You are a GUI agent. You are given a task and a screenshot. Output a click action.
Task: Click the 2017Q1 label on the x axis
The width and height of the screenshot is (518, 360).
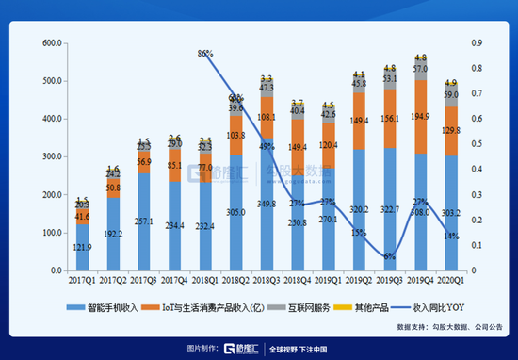click(x=81, y=279)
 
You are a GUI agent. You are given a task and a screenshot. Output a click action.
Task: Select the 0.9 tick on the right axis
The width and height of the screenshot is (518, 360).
click(x=478, y=43)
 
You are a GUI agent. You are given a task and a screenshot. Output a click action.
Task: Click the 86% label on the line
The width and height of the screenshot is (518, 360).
click(x=204, y=55)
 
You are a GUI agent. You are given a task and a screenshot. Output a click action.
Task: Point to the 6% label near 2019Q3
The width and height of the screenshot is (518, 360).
click(x=388, y=255)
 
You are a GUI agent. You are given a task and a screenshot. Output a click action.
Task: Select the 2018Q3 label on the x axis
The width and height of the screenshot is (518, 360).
click(x=267, y=279)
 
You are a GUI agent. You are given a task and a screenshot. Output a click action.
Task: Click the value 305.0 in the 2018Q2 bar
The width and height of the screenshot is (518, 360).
click(x=235, y=213)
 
